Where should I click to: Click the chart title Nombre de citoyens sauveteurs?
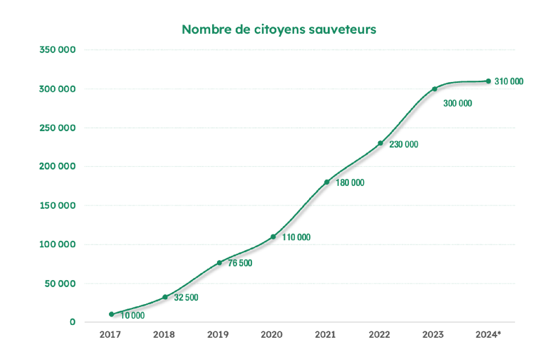(279, 29)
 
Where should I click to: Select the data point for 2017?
(111, 314)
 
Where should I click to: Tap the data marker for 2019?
(219, 263)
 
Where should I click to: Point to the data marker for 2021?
(327, 182)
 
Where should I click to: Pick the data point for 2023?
(435, 89)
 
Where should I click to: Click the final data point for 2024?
(488, 81)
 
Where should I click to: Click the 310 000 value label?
(509, 81)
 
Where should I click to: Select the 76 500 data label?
(240, 263)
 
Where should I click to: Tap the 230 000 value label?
(404, 144)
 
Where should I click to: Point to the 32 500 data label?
(186, 298)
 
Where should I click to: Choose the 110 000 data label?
(296, 237)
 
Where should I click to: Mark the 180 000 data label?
(350, 183)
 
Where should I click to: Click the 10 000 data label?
(132, 315)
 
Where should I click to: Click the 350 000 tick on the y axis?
(58, 50)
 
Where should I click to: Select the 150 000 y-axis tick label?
(58, 206)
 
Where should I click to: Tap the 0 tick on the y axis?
(72, 322)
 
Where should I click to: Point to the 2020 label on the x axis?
(271, 335)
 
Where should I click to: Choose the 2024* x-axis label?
(488, 335)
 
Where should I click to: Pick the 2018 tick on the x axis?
(164, 335)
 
